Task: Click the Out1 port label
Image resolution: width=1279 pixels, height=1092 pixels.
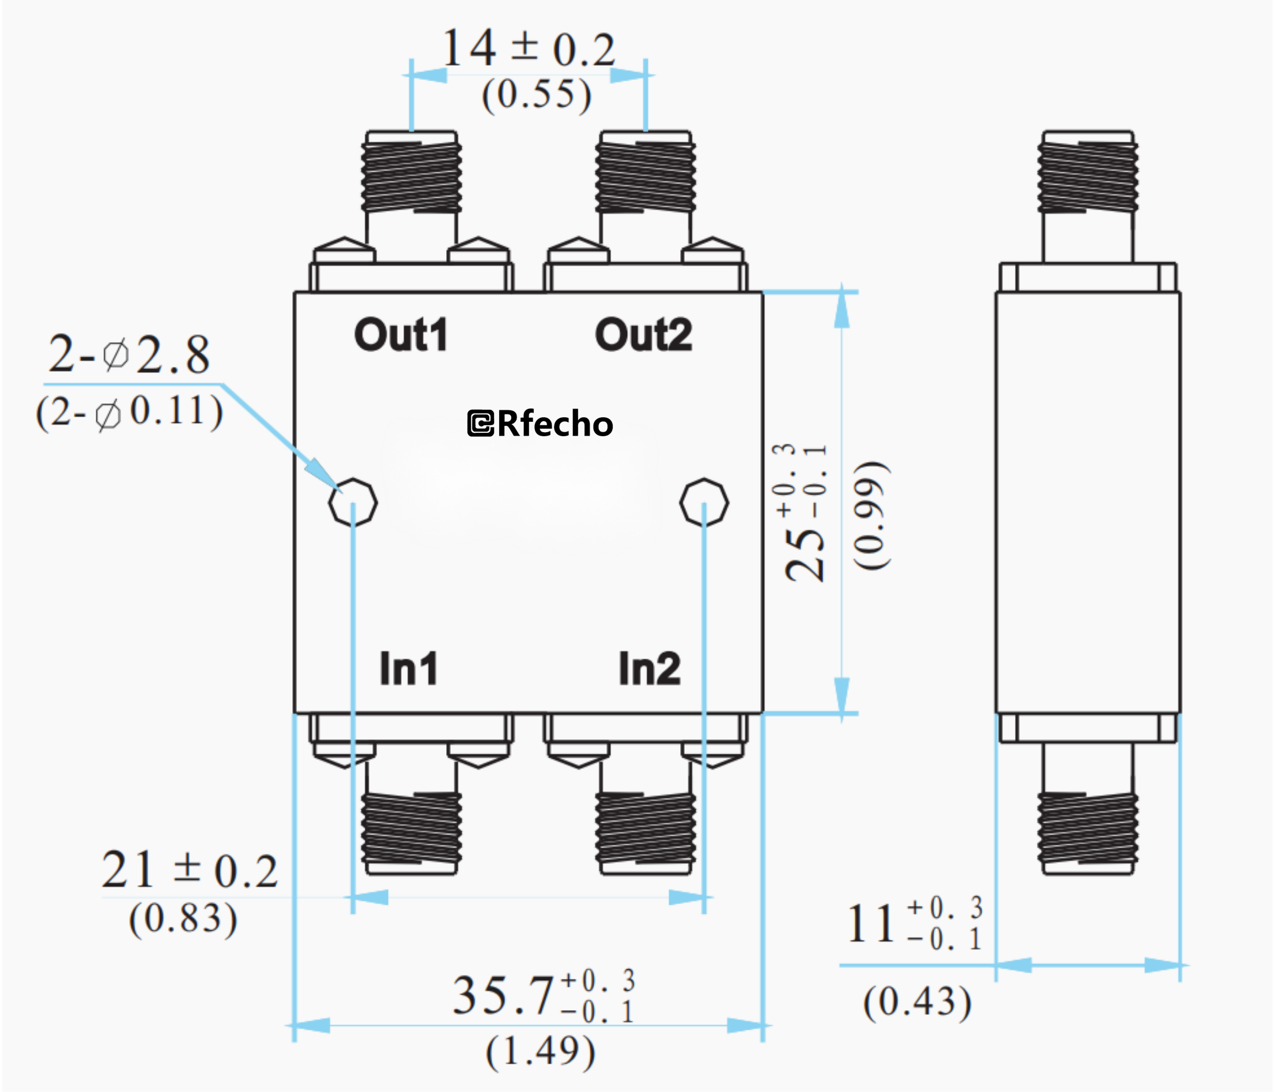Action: (401, 335)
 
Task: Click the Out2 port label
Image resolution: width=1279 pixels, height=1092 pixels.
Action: (643, 335)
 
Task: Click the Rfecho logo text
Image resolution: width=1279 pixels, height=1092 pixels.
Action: (541, 424)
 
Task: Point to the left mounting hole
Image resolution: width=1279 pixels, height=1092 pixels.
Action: (353, 502)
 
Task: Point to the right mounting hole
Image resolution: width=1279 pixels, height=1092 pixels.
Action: (704, 502)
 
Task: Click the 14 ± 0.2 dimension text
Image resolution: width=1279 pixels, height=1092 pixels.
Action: (529, 50)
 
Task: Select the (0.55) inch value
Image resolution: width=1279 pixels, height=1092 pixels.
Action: (536, 96)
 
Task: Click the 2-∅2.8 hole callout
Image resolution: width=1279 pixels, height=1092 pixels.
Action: (130, 355)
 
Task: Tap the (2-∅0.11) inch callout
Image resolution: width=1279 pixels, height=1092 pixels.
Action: (130, 413)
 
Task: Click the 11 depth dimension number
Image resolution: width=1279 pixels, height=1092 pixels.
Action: (870, 924)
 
